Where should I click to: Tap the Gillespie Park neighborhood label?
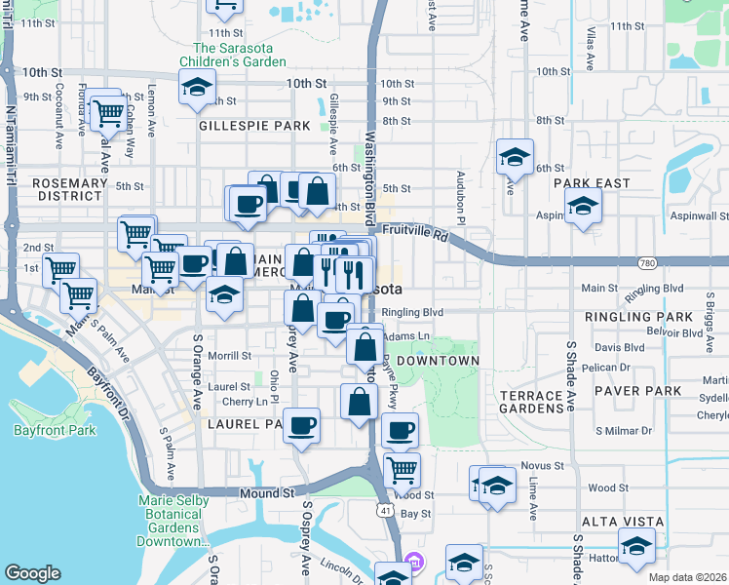pyautogui.click(x=254, y=126)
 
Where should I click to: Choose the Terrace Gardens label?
pyautogui.click(x=532, y=403)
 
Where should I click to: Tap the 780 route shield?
pyautogui.click(x=646, y=263)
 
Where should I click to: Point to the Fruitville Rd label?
pyautogui.click(x=415, y=235)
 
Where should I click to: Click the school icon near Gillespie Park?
pyautogui.click(x=197, y=88)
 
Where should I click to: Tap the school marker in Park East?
pyautogui.click(x=583, y=206)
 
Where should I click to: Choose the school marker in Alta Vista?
pyautogui.click(x=636, y=546)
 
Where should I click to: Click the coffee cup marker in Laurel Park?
pyautogui.click(x=303, y=425)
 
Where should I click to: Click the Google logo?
pyautogui.click(x=32, y=573)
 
